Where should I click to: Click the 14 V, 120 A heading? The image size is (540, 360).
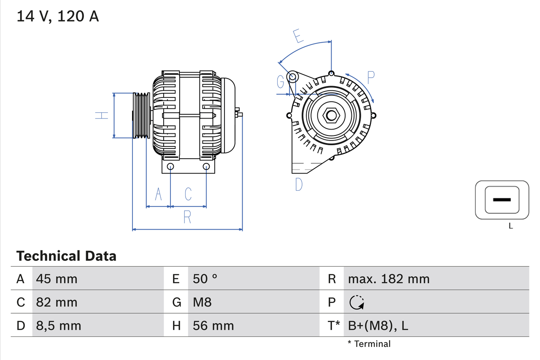(x=58, y=16)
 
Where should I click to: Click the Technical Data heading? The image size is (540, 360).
(x=66, y=256)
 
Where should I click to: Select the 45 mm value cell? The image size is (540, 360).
(x=57, y=279)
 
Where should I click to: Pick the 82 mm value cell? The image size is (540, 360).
(x=57, y=302)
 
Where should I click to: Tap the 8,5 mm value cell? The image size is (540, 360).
(x=59, y=325)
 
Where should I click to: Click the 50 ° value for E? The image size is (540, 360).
(x=205, y=279)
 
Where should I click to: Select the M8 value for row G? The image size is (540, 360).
(x=202, y=302)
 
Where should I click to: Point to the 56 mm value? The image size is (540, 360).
(x=213, y=325)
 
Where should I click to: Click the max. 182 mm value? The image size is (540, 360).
(x=389, y=279)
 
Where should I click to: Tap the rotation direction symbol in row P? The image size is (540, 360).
(x=357, y=302)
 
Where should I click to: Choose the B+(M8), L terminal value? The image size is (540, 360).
(x=378, y=325)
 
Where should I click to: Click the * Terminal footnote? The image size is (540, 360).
(x=369, y=344)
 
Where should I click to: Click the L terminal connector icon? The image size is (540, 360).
(x=502, y=200)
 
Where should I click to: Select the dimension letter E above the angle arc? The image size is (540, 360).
(x=298, y=36)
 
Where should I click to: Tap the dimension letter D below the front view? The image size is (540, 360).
(x=299, y=184)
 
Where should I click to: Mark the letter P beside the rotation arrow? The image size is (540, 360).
(x=370, y=77)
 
